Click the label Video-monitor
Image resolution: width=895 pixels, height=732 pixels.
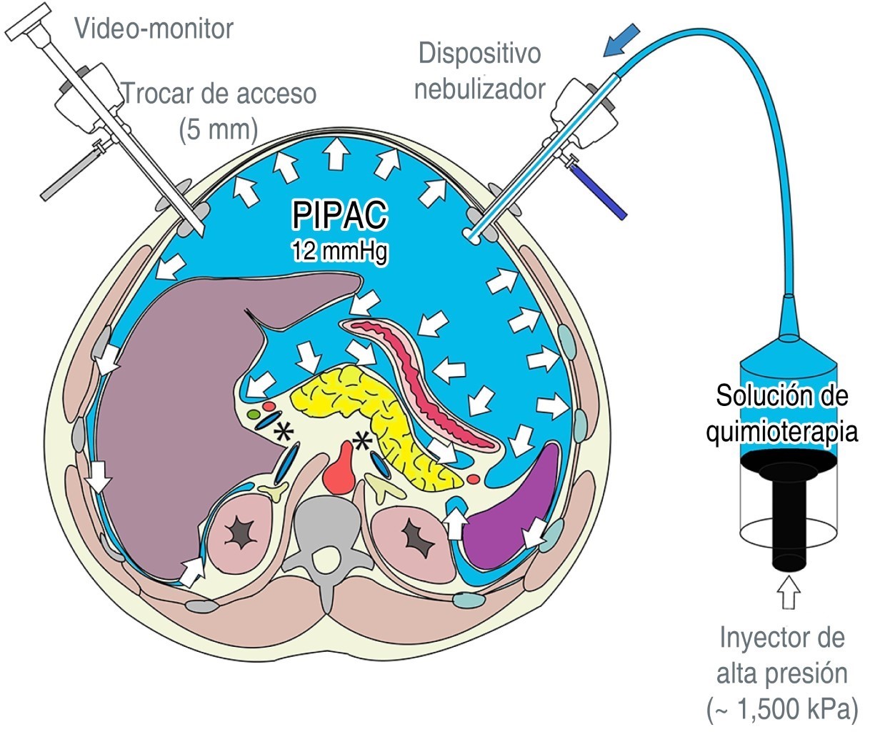point(154,29)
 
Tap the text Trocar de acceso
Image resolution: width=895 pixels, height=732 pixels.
point(219,94)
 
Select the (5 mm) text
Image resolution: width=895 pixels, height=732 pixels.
point(218,130)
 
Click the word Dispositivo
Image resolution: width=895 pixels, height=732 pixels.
point(480,54)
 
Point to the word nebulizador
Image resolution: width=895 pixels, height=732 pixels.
point(480,89)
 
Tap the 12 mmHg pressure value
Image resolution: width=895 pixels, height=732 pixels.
point(339,252)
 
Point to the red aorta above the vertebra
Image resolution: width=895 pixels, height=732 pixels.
point(344,472)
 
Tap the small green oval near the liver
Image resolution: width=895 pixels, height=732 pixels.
point(253,414)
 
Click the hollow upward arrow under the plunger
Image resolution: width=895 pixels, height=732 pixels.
point(789,593)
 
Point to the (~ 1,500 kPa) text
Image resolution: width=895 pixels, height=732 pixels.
point(782,710)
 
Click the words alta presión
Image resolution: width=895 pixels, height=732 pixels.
point(782,673)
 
